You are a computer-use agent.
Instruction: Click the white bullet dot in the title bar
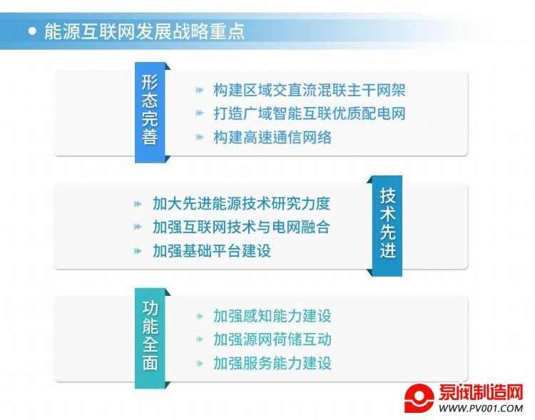coord(32,31)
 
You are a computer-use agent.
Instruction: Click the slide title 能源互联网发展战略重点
coord(145,31)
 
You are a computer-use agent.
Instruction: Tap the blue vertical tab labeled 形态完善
coord(150,112)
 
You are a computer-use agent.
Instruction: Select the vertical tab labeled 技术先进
coord(387,226)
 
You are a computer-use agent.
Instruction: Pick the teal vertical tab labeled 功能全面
coord(150,338)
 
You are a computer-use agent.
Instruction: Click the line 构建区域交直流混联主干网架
coord(310,90)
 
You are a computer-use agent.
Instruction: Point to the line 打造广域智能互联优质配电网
coord(310,113)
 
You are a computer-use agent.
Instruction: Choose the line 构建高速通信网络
coord(272,137)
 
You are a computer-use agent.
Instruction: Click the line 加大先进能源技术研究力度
coord(242,204)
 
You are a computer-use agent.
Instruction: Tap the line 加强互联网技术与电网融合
coord(242,227)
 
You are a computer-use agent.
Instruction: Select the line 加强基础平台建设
coord(212,251)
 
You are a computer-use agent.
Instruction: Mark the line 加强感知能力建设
coord(272,316)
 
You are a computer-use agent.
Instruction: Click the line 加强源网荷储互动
coord(272,339)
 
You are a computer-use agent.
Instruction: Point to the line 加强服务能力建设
coord(272,363)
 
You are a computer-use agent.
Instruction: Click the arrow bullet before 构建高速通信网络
coord(200,137)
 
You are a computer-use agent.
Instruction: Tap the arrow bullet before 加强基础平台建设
coord(138,251)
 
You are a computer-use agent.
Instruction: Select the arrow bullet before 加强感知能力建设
coord(200,317)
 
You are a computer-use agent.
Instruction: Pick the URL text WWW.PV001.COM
coord(481,408)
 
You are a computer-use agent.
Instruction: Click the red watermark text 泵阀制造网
coord(481,392)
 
